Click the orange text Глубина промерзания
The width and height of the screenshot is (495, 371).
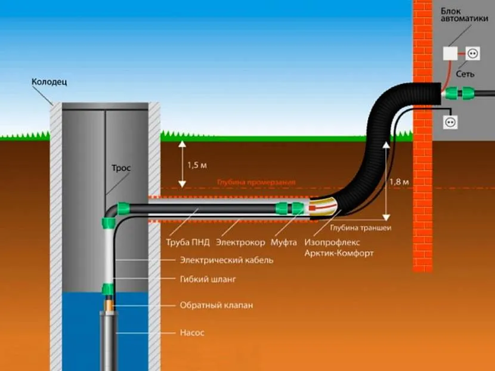click(x=256, y=182)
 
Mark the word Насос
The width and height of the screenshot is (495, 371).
click(x=192, y=332)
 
